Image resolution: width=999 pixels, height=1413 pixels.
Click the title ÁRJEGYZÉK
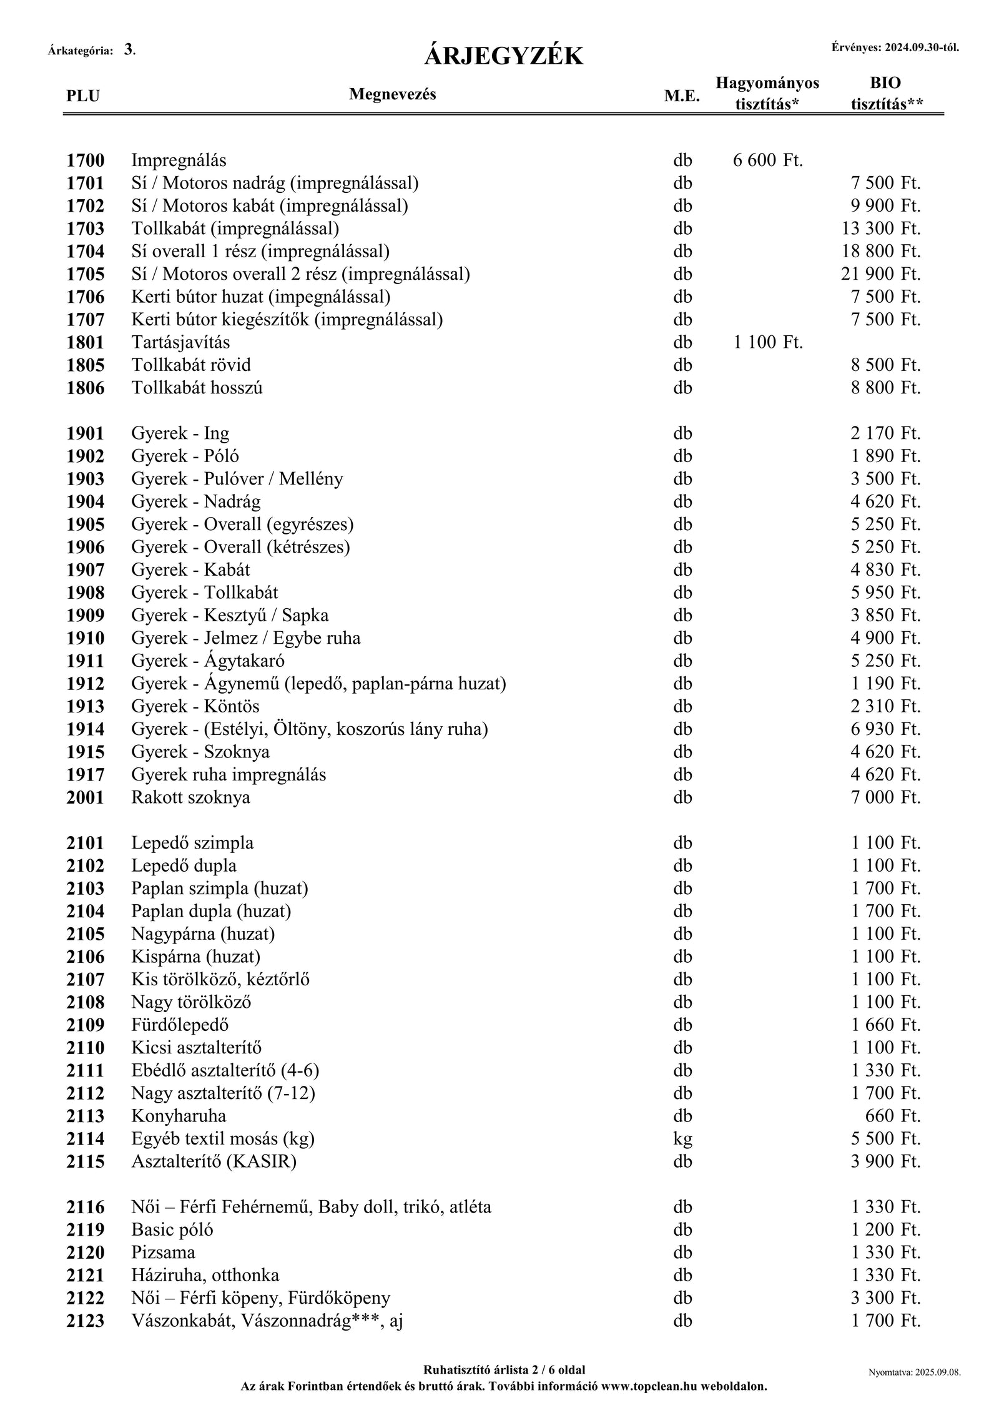[x=503, y=57]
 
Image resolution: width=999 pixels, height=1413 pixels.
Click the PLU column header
[x=83, y=96]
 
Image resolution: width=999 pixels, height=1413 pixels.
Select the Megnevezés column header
[x=392, y=94]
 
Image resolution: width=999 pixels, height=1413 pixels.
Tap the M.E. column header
[x=682, y=96]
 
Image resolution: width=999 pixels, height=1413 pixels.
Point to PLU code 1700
[x=86, y=160]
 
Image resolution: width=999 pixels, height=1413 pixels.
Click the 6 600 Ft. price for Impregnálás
[x=767, y=160]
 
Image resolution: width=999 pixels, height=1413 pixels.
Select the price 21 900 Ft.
[x=880, y=274]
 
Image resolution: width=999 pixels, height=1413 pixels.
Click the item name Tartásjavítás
[x=180, y=342]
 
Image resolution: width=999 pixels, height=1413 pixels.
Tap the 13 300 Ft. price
[x=880, y=229]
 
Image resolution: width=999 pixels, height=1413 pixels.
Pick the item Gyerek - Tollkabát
[x=204, y=593]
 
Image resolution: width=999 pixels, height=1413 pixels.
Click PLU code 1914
[x=86, y=729]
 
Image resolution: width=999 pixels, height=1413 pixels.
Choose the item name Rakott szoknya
[x=190, y=797]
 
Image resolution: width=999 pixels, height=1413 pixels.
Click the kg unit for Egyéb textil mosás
[x=682, y=1140]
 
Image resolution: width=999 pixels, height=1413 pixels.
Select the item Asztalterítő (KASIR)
[x=214, y=1161]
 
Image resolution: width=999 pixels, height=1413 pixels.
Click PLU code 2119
[x=86, y=1230]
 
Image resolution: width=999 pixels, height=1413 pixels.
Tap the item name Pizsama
[x=163, y=1253]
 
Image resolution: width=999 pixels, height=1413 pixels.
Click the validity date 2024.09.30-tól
[x=921, y=47]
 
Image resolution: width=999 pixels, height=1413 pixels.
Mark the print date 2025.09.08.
[x=937, y=1372]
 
